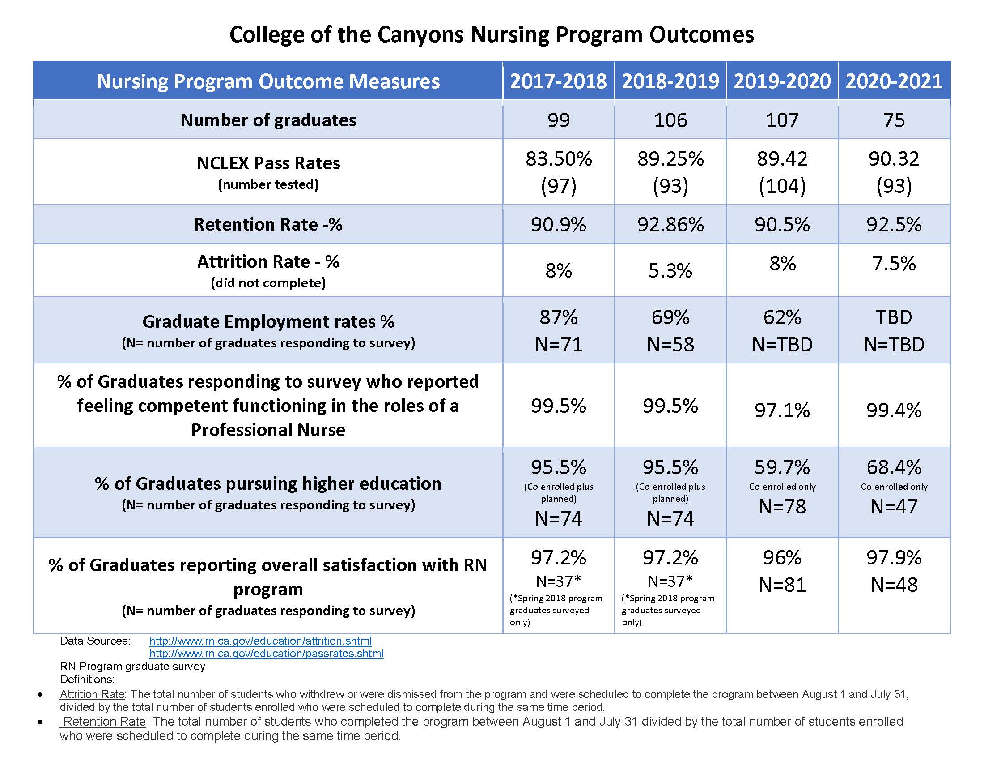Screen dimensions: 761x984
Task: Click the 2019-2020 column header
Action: click(782, 81)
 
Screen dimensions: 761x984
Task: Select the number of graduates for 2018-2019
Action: click(670, 120)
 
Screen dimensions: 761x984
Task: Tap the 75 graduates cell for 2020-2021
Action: click(894, 120)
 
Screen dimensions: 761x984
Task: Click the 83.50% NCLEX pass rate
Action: click(558, 159)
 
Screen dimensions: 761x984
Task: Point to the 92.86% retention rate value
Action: click(670, 225)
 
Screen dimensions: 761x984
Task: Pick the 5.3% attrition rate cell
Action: click(670, 270)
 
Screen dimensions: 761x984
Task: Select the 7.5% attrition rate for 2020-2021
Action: click(894, 263)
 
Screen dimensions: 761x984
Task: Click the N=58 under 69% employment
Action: click(670, 345)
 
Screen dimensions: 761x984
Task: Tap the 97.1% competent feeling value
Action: click(782, 410)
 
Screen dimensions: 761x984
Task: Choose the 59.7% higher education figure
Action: click(782, 467)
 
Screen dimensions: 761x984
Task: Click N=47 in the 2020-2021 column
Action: click(894, 506)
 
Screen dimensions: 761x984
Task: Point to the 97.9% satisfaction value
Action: click(894, 558)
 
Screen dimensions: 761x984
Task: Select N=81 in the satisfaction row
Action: click(782, 585)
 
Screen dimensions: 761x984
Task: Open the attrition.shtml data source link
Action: click(260, 641)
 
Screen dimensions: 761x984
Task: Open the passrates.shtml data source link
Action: click(266, 653)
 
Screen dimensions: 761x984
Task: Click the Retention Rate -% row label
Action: click(268, 225)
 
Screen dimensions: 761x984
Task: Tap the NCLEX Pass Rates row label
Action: click(268, 163)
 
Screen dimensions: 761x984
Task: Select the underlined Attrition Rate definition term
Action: click(92, 694)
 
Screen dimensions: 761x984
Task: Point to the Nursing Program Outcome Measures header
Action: click(268, 81)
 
